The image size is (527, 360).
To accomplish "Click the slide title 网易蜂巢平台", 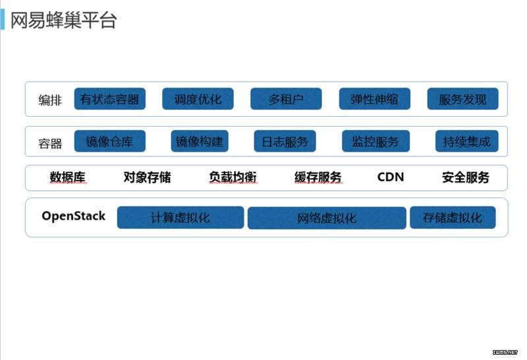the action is coord(63,20).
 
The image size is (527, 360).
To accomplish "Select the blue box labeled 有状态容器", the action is coord(110,99).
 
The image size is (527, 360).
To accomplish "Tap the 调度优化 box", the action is coord(198,99).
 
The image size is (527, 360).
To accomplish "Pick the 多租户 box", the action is coord(286,99).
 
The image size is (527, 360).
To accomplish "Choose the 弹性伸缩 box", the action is coord(375,99).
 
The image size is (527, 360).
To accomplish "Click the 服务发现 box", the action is coord(463,99).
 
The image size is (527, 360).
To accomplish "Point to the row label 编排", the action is coord(50,100).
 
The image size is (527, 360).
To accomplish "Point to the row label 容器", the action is coord(50,144).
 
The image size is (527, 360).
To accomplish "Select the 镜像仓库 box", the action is coord(110,141).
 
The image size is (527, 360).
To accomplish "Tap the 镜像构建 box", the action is coord(200,141).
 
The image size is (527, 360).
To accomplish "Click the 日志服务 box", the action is coord(285,141).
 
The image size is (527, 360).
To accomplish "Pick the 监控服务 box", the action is coord(375,141).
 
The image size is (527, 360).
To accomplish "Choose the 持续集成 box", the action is coord(467,141).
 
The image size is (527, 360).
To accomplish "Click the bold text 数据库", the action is coord(68,177).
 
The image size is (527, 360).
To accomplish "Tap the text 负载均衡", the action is coord(233,177).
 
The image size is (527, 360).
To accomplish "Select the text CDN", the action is coord(391,177).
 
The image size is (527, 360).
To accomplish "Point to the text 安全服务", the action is coord(466,177).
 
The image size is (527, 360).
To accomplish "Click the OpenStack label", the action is coord(74,216).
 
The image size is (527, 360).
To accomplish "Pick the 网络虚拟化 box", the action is coord(327,218).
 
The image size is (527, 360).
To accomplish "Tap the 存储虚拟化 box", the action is coord(453,218).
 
